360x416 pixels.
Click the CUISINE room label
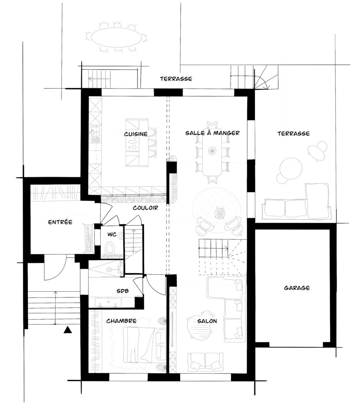coord(136,134)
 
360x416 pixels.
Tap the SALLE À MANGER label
coord(212,133)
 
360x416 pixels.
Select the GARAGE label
coord(297,288)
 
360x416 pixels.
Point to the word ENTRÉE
coord(60,222)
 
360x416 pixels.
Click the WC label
coord(112,234)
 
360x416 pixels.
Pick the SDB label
coord(123,291)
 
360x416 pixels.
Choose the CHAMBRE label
coord(121,321)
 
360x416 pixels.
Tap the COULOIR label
coord(145,208)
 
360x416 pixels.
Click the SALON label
coord(207,321)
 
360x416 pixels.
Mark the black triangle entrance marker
coord(68,330)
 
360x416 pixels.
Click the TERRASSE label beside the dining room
coord(293,133)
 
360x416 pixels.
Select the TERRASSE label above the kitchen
coord(176,79)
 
